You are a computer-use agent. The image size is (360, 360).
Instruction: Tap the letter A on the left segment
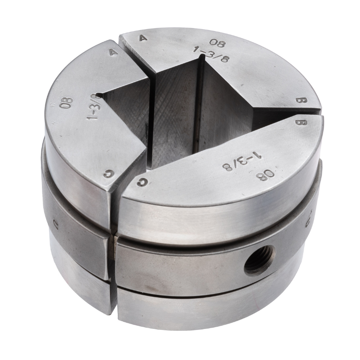pos(111,52)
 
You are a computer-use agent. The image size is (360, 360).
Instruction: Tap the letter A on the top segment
pos(144,38)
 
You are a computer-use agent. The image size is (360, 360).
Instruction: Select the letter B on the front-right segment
pos(298,121)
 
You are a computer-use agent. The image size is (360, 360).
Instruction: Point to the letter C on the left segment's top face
pos(107,173)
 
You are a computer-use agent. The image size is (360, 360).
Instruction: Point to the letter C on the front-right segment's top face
pos(143,182)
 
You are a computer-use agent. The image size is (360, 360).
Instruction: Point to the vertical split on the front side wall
pos(113,265)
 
